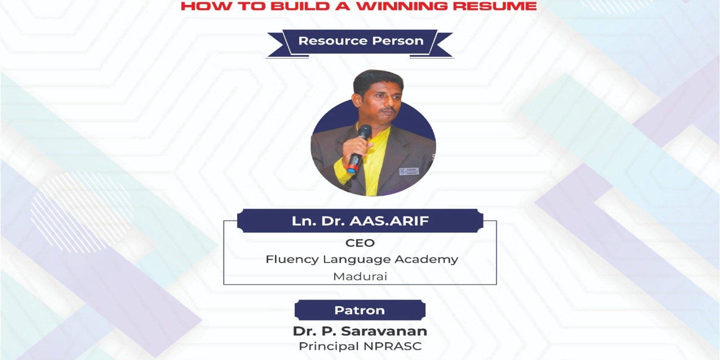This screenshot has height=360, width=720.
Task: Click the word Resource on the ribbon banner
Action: tap(333, 41)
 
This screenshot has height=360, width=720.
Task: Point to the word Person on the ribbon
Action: tap(398, 41)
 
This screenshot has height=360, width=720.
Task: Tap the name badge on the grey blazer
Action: tap(409, 171)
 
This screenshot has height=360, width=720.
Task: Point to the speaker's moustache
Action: tap(385, 109)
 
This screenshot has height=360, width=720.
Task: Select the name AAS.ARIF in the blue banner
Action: tap(389, 221)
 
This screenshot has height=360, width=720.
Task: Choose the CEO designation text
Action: tap(360, 243)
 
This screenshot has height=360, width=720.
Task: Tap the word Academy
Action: tap(426, 260)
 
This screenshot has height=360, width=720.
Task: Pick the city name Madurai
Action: tap(360, 277)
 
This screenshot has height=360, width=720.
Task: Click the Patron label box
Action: tap(360, 310)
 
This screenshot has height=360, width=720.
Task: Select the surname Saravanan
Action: tap(384, 331)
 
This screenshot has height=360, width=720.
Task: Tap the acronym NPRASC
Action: tap(393, 346)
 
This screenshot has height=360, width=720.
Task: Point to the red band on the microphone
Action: tap(352, 170)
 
